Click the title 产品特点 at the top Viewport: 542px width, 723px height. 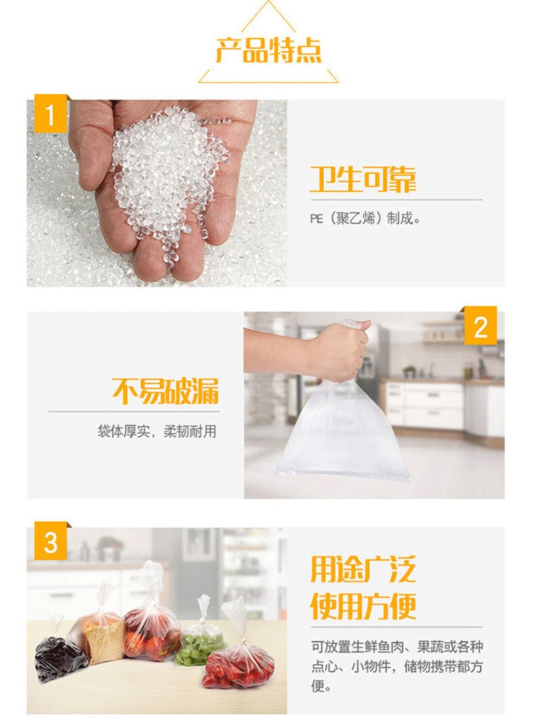(x=268, y=51)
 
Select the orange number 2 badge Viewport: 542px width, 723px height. (x=480, y=325)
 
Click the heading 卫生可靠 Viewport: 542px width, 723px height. (x=363, y=179)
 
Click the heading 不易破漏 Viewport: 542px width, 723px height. (x=165, y=391)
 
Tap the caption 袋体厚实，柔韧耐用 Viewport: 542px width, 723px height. (x=157, y=432)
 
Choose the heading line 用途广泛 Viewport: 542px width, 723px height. (x=363, y=569)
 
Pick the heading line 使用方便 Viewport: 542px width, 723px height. (x=363, y=606)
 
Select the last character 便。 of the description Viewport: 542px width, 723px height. (x=322, y=686)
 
